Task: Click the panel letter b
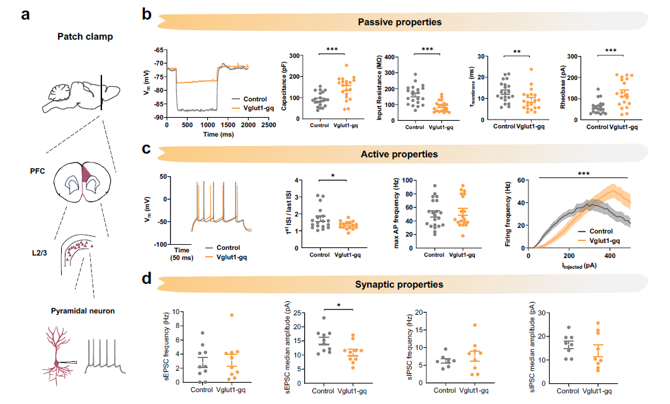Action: tap(146, 13)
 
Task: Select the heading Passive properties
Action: tap(399, 22)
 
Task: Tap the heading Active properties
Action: tap(400, 154)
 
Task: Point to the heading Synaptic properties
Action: tap(400, 285)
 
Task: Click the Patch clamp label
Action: tap(92, 36)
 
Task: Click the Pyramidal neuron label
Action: tap(91, 311)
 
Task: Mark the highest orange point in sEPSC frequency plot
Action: tap(232, 315)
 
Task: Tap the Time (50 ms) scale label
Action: tap(183, 254)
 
